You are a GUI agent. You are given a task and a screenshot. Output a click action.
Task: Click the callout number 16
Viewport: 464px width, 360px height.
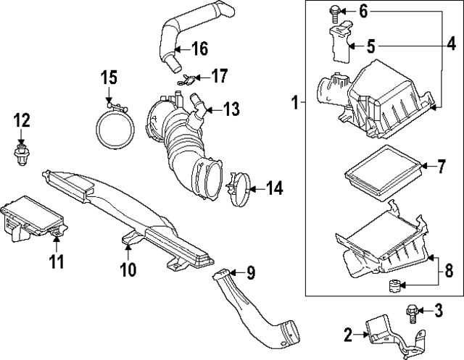[199, 49]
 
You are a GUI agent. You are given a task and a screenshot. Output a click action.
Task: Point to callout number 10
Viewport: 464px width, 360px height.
[128, 269]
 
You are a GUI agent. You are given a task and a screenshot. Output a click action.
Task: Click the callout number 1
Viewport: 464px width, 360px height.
[295, 104]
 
